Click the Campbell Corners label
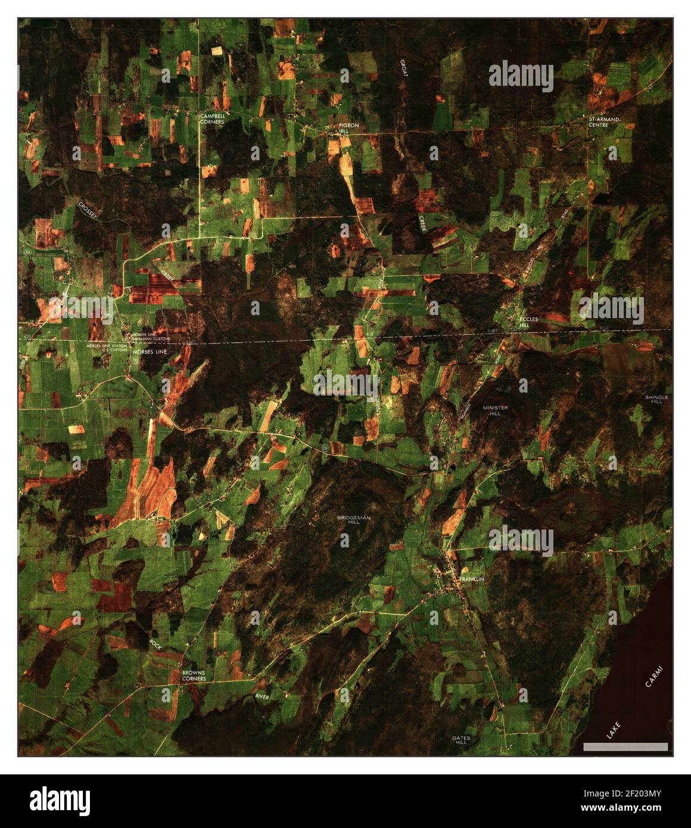tap(212, 119)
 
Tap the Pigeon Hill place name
tap(349, 129)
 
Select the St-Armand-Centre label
tap(604, 122)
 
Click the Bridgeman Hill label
tap(354, 520)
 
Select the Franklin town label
tap(472, 579)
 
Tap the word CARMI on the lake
tap(657, 676)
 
